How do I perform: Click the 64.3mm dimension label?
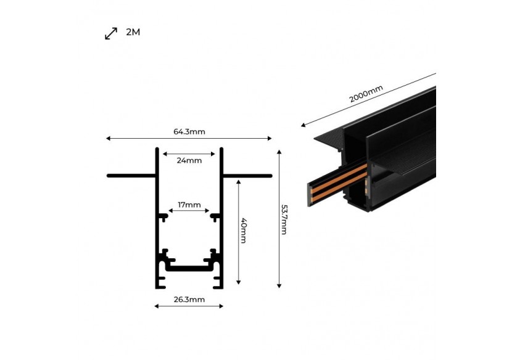[189, 131]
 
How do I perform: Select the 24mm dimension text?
[189, 160]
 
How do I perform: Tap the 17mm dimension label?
[189, 205]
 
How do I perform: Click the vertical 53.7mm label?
[284, 219]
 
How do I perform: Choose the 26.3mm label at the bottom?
[189, 300]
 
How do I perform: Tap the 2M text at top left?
[133, 32]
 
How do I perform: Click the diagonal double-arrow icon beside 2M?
[111, 33]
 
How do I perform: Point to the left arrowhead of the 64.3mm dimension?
[109, 139]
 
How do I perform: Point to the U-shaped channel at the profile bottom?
[189, 268]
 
